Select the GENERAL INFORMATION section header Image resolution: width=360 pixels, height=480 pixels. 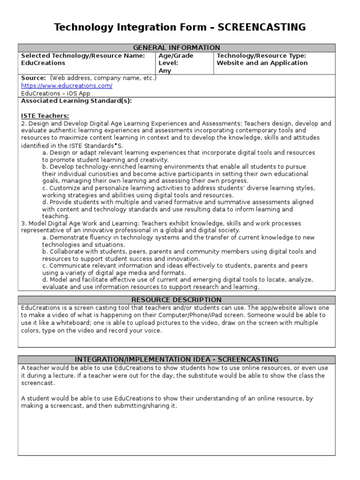coord(176,48)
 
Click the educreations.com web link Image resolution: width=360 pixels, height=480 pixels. coord(67,86)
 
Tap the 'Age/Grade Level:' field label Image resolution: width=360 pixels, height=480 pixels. coord(176,59)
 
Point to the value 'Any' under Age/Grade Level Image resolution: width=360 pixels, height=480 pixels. coord(165,71)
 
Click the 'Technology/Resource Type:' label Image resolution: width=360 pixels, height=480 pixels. coord(261,56)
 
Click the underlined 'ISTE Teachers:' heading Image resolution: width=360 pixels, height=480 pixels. coord(45,116)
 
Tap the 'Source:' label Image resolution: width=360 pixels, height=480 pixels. coord(33,78)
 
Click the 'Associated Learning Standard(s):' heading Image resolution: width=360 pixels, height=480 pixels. coord(76,101)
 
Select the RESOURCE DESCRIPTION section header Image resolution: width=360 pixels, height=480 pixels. coord(176,300)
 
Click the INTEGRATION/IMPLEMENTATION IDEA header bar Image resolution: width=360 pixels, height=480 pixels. coord(176,360)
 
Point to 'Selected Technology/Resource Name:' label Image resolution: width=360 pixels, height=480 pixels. coord(83,56)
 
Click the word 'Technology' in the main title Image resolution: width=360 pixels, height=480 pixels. coord(81,27)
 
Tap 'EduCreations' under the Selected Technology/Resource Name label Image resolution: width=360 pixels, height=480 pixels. coord(43,63)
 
